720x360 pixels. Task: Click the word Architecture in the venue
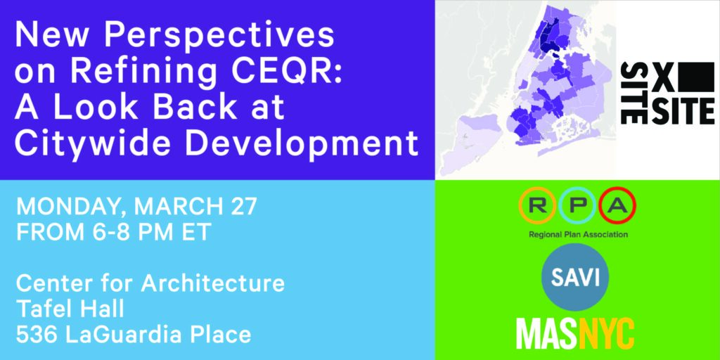point(212,283)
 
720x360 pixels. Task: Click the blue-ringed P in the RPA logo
point(577,206)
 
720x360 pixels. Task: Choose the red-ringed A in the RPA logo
point(617,206)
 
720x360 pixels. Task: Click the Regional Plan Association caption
point(578,235)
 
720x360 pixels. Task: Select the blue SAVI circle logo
point(575,277)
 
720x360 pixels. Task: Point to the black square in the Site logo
point(698,77)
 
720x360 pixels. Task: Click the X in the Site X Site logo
point(664,77)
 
